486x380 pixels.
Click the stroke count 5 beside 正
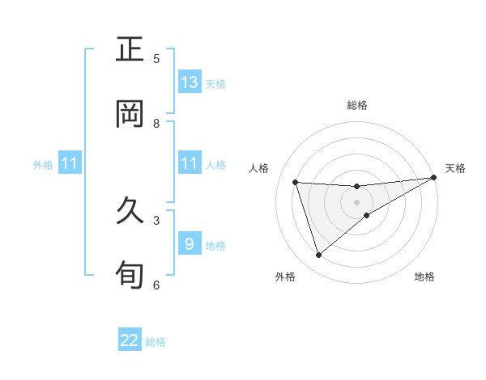(156, 58)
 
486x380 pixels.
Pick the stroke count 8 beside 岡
(156, 123)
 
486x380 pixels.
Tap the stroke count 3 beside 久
(156, 219)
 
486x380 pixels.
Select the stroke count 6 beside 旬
(156, 284)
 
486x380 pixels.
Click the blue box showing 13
(190, 82)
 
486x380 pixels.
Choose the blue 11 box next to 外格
(70, 164)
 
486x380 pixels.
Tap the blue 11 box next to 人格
(190, 163)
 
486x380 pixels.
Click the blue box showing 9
(190, 244)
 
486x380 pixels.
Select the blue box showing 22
(130, 340)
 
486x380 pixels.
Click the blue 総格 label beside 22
(156, 342)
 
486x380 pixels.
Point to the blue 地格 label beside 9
(215, 246)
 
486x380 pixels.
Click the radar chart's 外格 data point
(318, 255)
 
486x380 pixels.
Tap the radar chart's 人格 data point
(296, 182)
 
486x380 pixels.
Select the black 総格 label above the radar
(357, 105)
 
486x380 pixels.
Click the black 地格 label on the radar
(424, 277)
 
